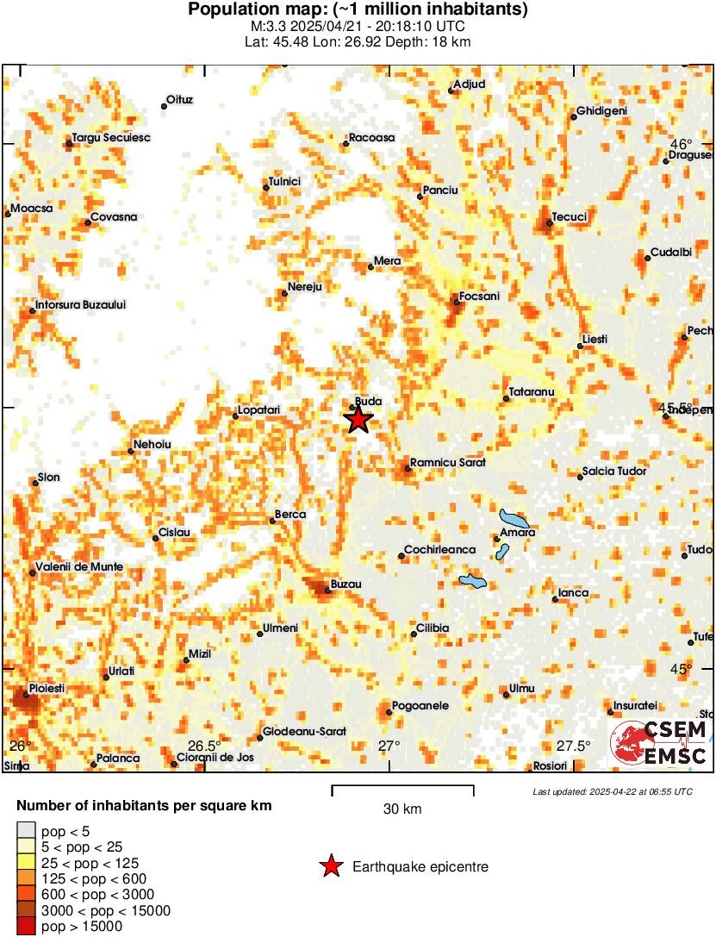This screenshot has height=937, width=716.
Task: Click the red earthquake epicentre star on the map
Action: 358,420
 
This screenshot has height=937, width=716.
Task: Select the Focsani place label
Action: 480,296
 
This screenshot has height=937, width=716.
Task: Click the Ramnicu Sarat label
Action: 448,462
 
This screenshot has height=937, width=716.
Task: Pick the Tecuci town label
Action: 570,216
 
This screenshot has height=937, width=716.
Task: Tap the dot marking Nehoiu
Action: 131,451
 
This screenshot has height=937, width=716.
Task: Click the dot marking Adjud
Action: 451,90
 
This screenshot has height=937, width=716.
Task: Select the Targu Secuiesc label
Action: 111,137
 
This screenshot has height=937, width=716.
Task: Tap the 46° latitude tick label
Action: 682,144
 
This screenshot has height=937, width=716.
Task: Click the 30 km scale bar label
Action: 402,809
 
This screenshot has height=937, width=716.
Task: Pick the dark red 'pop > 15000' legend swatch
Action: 27,926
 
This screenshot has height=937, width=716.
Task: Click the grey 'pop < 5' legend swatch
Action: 27,831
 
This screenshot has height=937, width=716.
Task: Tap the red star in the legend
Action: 330,866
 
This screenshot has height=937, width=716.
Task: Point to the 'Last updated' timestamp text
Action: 612,791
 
